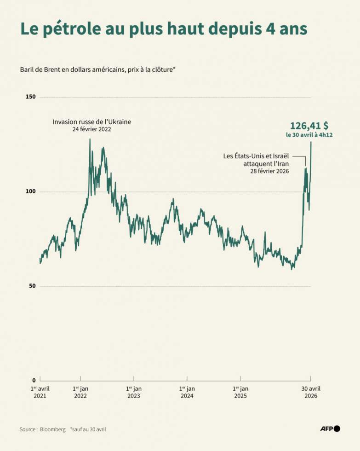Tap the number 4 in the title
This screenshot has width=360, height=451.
coord(270,29)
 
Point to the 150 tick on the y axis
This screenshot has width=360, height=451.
coord(31,97)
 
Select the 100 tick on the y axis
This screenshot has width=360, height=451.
coord(31,191)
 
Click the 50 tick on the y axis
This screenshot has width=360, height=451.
coord(32,286)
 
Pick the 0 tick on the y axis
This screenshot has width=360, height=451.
coord(34,381)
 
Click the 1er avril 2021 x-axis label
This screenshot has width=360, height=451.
coord(40,392)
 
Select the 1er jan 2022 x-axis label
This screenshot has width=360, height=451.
coord(80,392)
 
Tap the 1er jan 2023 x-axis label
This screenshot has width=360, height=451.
coord(134,392)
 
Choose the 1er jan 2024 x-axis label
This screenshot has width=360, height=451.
coord(187,392)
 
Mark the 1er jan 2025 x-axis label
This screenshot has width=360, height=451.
coord(240,392)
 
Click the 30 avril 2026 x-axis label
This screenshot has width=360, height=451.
coord(311,392)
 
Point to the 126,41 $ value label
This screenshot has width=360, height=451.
coord(309,126)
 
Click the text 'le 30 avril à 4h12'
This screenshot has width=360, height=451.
coord(309,135)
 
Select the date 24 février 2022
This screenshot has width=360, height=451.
coord(91,129)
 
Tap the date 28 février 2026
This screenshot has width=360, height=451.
coord(269,171)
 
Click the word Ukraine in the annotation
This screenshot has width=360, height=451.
coord(120,121)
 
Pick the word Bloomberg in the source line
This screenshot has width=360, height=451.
coord(53,429)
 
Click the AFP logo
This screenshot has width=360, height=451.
coord(331,429)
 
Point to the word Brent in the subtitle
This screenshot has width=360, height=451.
coord(51,69)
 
